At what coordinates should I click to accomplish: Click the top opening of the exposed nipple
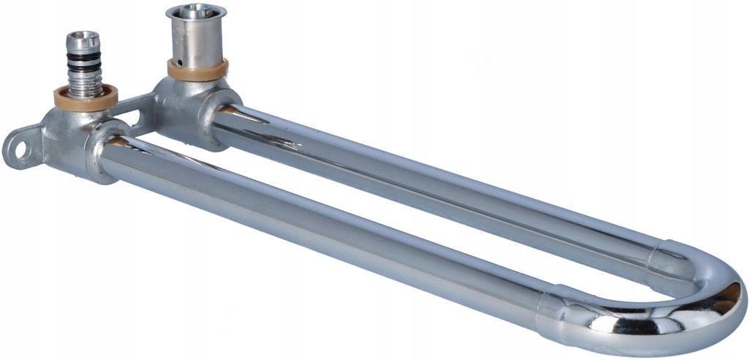pos(83,36)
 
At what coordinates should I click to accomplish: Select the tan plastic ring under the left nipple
pos(86,97)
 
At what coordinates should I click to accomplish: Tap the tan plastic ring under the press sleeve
pos(196,70)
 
